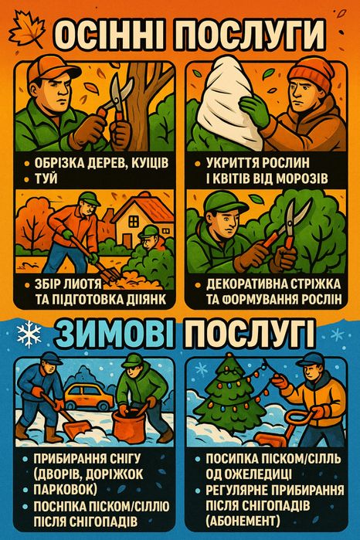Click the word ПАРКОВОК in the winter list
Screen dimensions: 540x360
(64, 489)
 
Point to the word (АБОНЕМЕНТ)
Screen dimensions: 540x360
(246, 519)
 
